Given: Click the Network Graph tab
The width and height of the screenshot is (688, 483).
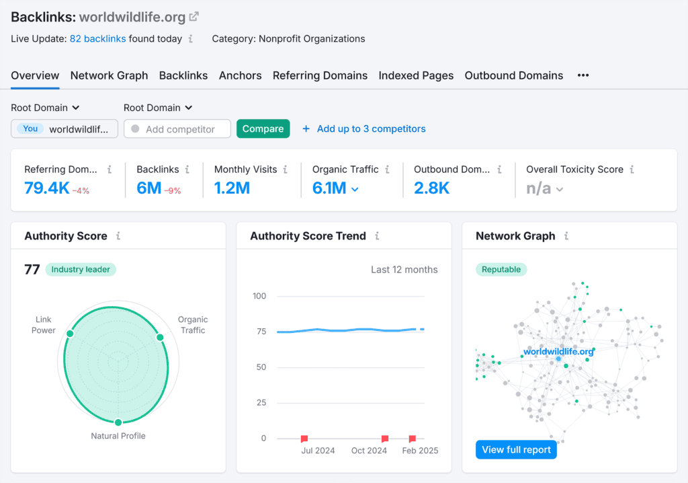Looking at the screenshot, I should pos(109,75).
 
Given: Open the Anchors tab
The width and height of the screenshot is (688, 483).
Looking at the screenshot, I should pos(240,75).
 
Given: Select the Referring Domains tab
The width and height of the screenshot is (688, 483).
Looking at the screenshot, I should pos(320,75).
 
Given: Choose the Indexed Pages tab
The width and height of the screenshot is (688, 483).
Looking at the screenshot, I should pos(416,75).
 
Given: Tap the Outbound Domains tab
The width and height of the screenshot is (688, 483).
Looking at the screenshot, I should pos(513,75).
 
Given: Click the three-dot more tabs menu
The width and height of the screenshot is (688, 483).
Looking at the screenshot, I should pos(583,75).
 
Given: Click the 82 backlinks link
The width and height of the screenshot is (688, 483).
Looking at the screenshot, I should pos(97,39).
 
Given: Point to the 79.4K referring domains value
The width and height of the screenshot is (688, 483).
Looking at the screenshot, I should pos(47,188).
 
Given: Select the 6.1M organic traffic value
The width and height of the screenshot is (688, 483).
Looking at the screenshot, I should pos(329,188).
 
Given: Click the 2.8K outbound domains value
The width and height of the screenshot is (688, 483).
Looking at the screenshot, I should pos(431,188).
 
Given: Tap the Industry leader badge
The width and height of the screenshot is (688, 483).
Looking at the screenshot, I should pos(81,270).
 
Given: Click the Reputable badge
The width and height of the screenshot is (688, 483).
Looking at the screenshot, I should pos(501,270).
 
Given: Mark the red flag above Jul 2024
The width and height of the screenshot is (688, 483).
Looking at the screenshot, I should pos(304,438).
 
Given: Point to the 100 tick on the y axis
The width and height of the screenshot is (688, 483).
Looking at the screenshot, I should pos(259,296).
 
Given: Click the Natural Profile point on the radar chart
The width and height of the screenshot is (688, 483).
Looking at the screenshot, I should pos(118,422).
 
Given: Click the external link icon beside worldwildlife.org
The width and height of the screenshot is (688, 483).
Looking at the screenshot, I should pos(194,17).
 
